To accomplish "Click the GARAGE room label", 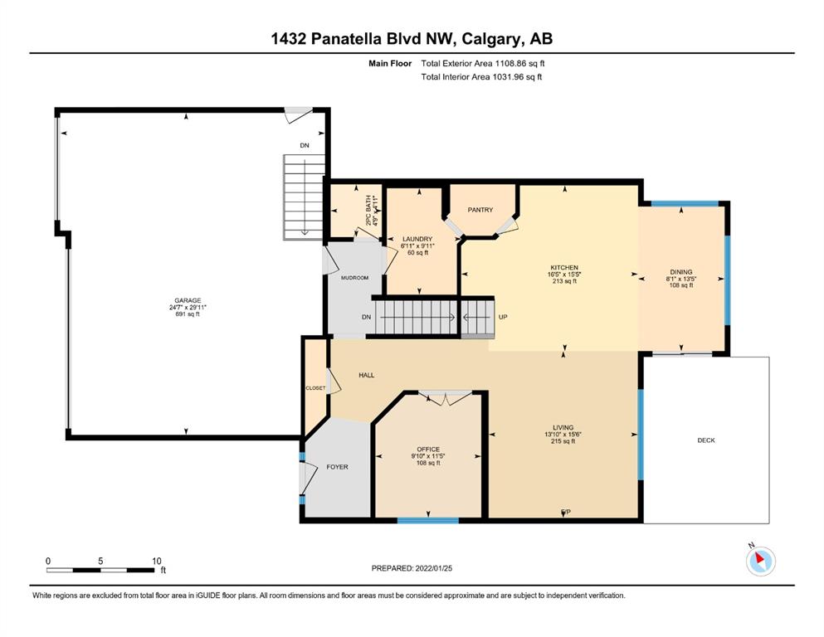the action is click(188, 300).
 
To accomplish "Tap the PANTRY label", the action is click(480, 210).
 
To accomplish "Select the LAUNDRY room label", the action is click(417, 239).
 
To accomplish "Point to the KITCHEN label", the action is click(564, 267).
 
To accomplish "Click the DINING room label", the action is click(681, 271).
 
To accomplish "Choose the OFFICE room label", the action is click(428, 449).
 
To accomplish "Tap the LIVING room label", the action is click(563, 427).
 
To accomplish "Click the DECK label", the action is click(706, 440).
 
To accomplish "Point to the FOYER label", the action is click(338, 467).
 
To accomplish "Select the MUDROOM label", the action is click(354, 277).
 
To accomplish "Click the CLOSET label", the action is click(315, 388).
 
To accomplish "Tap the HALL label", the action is click(367, 375).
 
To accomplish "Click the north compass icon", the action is click(760, 561).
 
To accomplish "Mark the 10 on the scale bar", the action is click(157, 561).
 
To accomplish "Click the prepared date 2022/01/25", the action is click(433, 567).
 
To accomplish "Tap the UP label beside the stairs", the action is click(503, 317).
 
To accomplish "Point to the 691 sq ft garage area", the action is click(188, 314).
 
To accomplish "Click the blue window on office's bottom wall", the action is click(427, 520).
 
